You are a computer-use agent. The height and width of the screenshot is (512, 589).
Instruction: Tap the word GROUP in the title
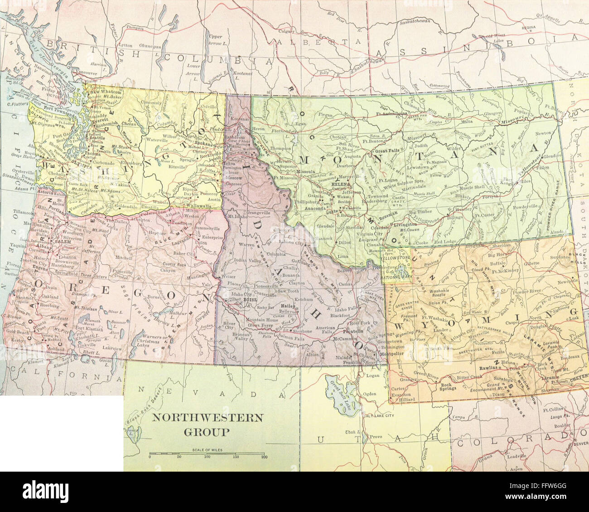point(206,431)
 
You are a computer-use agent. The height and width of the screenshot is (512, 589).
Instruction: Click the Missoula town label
point(305,172)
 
